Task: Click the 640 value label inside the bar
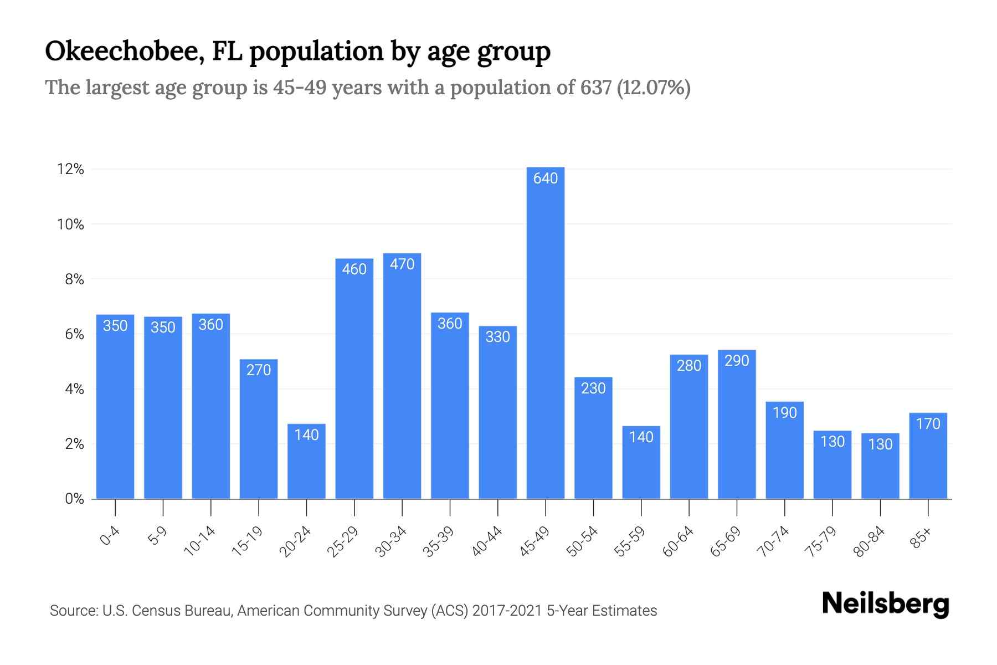(545, 178)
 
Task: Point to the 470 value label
(402, 264)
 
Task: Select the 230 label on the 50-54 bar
(593, 388)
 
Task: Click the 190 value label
(784, 413)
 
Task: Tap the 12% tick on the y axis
(70, 170)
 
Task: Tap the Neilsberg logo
(885, 604)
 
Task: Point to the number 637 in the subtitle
(595, 88)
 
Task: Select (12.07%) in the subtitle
(654, 88)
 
